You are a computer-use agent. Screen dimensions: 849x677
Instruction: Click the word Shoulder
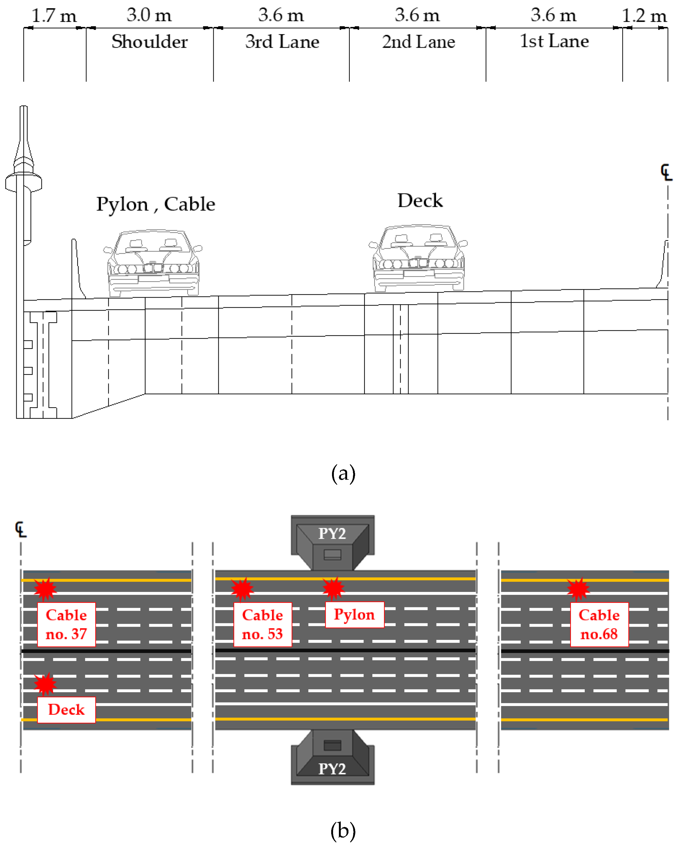click(149, 41)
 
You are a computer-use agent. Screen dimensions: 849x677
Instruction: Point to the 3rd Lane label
click(282, 41)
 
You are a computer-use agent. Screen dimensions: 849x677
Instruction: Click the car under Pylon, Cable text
click(153, 263)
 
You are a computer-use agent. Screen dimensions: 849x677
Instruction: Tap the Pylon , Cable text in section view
click(156, 204)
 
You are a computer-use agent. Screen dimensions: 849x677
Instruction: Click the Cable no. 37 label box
click(66, 625)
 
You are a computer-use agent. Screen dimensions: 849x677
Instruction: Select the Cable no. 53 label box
click(263, 625)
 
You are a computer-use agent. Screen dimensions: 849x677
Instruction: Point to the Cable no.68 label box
click(599, 625)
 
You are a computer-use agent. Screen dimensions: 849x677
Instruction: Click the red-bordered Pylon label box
click(354, 615)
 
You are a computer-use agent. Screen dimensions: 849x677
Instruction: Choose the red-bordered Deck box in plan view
click(66, 710)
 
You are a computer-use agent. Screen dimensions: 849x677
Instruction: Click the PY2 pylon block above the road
click(332, 542)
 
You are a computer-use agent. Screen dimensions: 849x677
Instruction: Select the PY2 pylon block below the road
click(332, 757)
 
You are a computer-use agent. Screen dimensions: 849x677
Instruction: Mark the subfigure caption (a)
click(343, 473)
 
